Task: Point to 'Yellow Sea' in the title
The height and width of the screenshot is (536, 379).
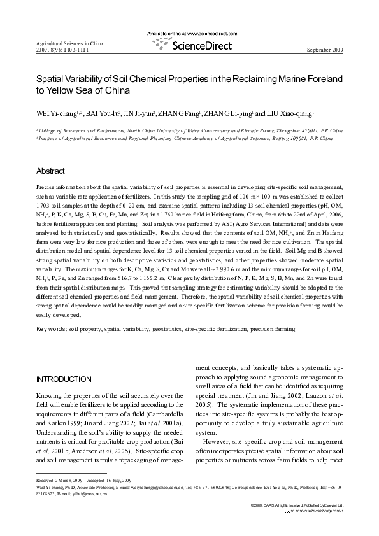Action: (68, 90)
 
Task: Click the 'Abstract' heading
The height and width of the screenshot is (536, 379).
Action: (51, 171)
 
